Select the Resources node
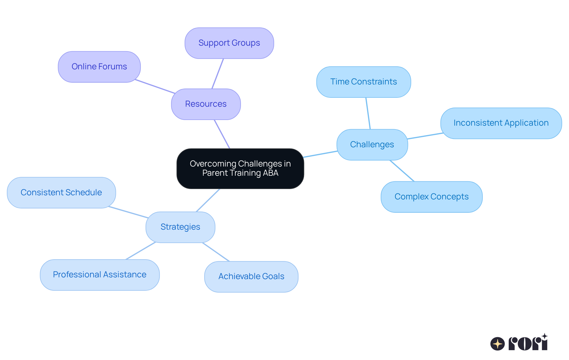click(206, 104)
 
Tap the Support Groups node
click(229, 43)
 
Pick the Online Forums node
click(99, 67)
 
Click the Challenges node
click(372, 145)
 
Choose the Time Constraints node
click(363, 82)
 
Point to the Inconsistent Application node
click(501, 123)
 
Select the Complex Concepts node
click(431, 197)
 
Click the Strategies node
click(180, 227)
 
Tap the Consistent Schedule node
click(61, 193)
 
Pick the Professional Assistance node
click(100, 275)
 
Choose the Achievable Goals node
click(251, 276)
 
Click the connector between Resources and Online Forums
click(155, 87)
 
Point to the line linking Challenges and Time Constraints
click(368, 113)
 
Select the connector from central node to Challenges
click(320, 154)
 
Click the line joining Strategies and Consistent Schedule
click(128, 212)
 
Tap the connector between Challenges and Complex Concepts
click(402, 171)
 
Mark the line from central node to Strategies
click(208, 200)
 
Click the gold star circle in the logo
click(497, 344)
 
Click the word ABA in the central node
click(270, 173)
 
